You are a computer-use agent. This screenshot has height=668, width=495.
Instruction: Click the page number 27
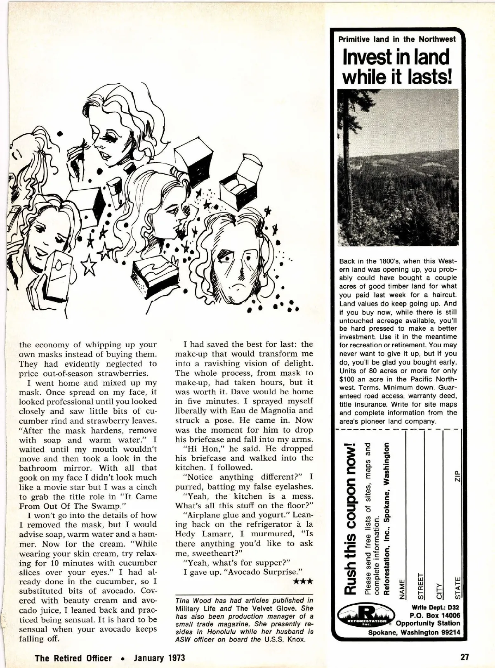click(x=465, y=657)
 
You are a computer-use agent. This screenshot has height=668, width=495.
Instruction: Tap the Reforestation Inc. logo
click(x=363, y=617)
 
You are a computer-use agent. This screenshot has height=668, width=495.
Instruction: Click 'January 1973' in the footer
click(x=159, y=658)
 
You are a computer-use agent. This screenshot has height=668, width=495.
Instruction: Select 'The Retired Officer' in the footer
click(x=73, y=658)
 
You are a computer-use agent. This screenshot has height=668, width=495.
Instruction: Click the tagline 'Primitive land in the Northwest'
click(x=397, y=39)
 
